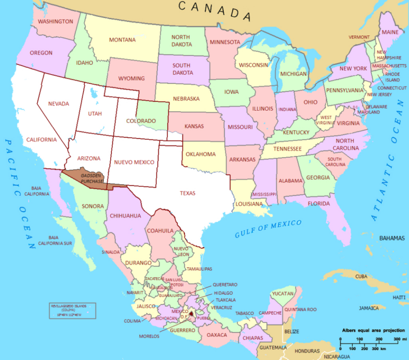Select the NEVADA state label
point(58,104)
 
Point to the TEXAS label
point(188,193)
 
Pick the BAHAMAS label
point(392,238)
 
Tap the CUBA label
point(361,276)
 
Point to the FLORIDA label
point(318,203)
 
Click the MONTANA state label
point(122,40)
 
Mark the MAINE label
point(389,32)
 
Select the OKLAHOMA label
point(201,154)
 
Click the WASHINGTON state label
point(55,21)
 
